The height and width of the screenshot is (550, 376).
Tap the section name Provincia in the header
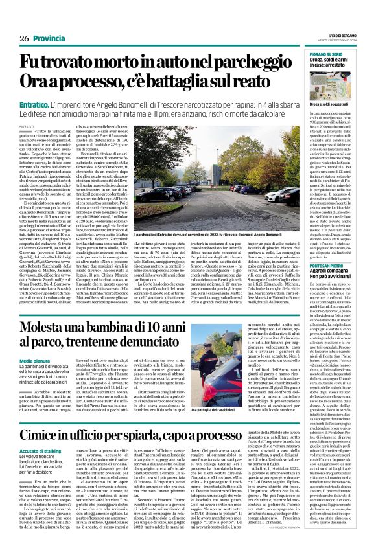click(50, 39)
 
